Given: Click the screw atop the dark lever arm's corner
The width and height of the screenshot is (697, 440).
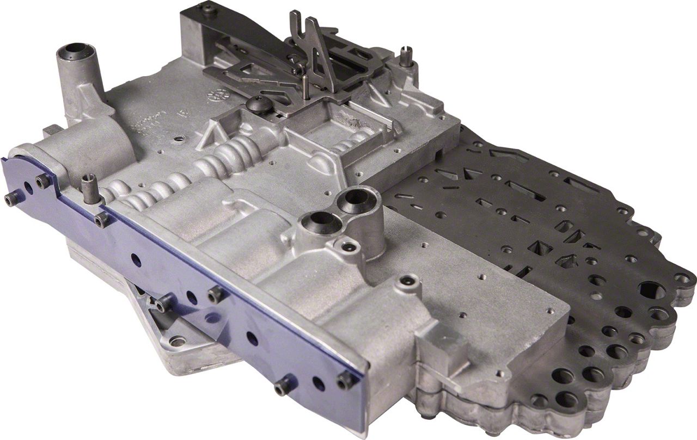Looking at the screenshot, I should tap(209, 8).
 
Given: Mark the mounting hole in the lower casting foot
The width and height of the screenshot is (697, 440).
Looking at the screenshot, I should tap(176, 342).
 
